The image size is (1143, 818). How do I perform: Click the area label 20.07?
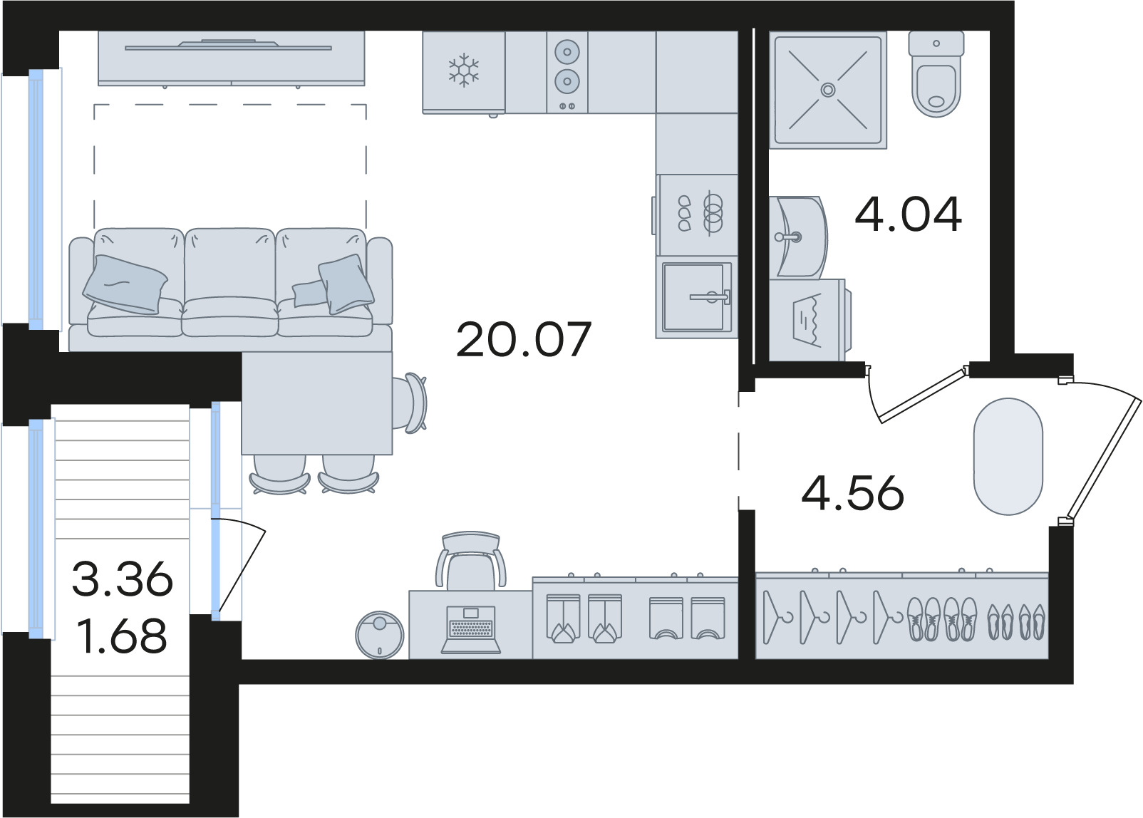(x=524, y=339)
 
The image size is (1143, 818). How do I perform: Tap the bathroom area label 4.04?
(x=909, y=214)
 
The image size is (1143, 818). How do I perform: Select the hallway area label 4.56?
(x=853, y=493)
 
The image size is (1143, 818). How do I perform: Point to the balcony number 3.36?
(x=123, y=579)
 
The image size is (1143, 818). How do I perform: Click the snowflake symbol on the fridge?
(x=463, y=70)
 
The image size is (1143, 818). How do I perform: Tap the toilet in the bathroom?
(x=936, y=73)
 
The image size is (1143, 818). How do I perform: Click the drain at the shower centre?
(x=827, y=90)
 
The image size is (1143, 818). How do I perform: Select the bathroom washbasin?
(x=798, y=237)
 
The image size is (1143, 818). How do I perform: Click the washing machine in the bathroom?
(x=810, y=320)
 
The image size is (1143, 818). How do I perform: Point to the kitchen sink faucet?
(x=710, y=296)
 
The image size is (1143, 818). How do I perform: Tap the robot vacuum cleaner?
(x=380, y=635)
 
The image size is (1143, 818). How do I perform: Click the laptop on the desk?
(x=471, y=630)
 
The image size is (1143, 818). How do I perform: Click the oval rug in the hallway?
(x=1008, y=457)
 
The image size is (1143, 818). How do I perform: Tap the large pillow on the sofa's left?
(x=125, y=284)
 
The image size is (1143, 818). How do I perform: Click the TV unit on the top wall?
(x=231, y=58)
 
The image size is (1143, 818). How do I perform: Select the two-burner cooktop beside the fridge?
(x=567, y=72)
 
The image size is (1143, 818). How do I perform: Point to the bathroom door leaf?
(x=921, y=395)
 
